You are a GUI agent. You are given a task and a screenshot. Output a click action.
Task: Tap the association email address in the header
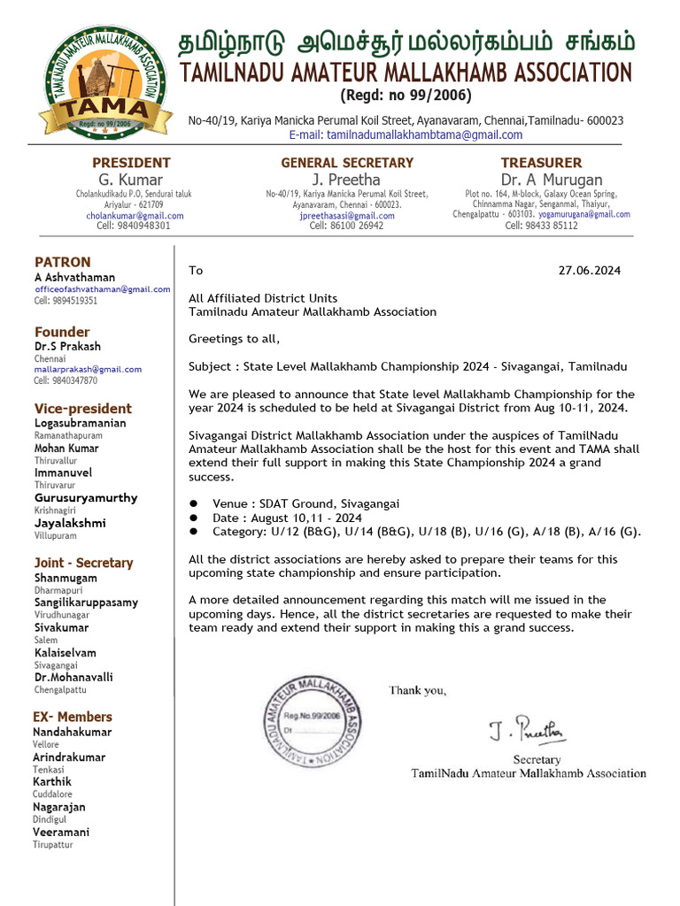(x=406, y=135)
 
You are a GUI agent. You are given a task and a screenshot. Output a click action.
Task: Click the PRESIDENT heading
(x=131, y=163)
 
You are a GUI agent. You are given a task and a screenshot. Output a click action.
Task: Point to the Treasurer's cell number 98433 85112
(x=541, y=226)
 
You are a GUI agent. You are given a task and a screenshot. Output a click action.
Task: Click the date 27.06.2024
(x=590, y=271)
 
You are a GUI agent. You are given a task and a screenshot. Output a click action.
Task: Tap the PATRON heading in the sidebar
(x=62, y=262)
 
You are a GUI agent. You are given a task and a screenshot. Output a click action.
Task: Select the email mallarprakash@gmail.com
(x=88, y=369)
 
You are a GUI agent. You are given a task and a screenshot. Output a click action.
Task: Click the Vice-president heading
(x=82, y=409)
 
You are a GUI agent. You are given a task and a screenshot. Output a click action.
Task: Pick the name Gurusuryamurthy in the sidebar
(x=85, y=498)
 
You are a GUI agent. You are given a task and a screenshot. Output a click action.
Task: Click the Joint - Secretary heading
(x=83, y=563)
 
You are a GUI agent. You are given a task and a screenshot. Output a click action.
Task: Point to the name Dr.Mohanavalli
(x=73, y=677)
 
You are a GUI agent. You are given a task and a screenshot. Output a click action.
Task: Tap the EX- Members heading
(x=73, y=717)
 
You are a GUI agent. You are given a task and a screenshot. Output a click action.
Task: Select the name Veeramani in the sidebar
(x=61, y=832)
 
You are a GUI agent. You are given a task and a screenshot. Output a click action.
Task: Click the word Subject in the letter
(x=211, y=366)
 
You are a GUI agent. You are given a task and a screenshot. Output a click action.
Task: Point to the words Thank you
(x=417, y=690)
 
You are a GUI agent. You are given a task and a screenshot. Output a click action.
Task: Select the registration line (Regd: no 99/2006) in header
(x=406, y=96)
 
